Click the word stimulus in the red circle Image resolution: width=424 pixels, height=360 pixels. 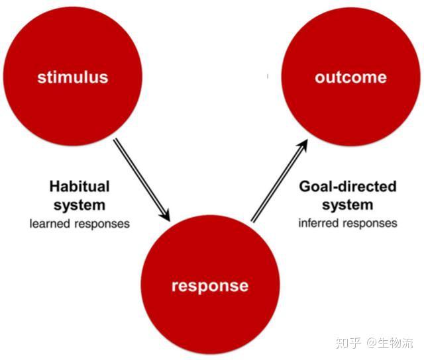coord(73,77)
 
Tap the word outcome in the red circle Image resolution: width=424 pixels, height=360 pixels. coord(350,77)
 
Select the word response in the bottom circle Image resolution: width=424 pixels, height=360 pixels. coord(210,287)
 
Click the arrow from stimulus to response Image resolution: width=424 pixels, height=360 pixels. coord(142,180)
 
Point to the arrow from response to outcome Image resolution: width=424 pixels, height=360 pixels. coord(280,181)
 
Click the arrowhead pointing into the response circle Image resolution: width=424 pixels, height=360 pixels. coord(165,214)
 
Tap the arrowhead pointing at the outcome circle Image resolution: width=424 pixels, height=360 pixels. coord(303,146)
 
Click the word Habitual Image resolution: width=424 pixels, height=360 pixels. coord(79,187)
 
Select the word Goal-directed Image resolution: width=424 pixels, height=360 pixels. coord(348,187)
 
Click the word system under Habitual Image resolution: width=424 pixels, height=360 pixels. coord(79,205)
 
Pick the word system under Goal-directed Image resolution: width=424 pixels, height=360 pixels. coord(348,205)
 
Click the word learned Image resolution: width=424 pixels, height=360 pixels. coord(50,224)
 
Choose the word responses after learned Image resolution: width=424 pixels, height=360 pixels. coord(102,224)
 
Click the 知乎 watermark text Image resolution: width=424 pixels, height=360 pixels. coord(348,343)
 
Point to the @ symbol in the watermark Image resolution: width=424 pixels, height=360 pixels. coord(372,343)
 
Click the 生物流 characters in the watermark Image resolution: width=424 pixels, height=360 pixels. coord(396,343)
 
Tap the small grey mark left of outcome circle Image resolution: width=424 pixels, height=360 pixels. coord(268,76)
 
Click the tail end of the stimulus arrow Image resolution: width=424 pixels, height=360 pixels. coord(115,140)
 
